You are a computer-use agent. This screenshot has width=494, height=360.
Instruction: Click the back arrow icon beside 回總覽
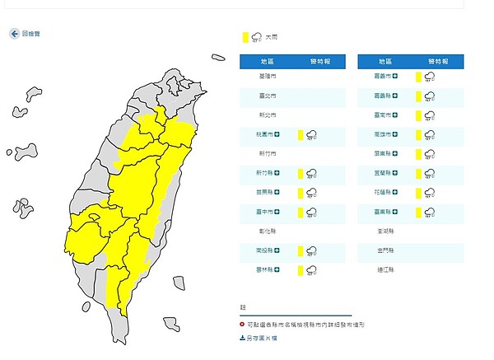pyautogui.click(x=15, y=34)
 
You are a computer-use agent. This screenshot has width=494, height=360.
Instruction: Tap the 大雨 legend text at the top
pyautogui.click(x=270, y=36)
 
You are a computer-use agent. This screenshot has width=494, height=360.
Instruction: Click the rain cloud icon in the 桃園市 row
pyautogui.click(x=312, y=134)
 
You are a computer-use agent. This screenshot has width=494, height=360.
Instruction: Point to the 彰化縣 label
pyautogui.click(x=268, y=231)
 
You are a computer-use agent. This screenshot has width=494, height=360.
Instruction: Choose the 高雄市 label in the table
pyautogui.click(x=384, y=134)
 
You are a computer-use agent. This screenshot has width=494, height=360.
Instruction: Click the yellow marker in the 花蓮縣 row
pyautogui.click(x=419, y=193)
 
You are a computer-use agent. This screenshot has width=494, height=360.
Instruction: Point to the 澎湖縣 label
pyautogui.click(x=386, y=231)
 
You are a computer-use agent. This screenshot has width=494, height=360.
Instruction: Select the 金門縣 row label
pyautogui.click(x=386, y=250)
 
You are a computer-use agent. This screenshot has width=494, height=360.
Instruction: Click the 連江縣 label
pyautogui.click(x=386, y=270)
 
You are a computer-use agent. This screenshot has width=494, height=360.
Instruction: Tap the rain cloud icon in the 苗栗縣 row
pyautogui.click(x=312, y=193)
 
